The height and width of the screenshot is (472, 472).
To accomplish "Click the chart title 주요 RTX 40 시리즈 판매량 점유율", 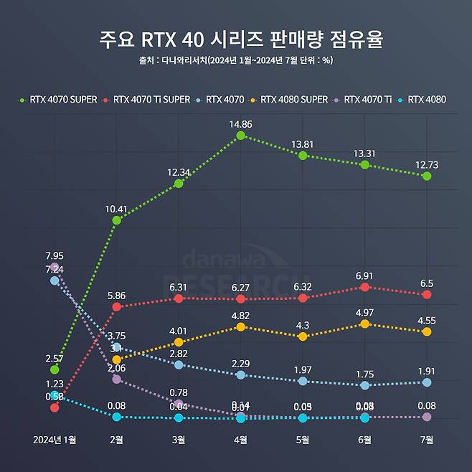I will [x=236, y=39].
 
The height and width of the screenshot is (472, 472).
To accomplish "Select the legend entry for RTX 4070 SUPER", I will [x=58, y=100].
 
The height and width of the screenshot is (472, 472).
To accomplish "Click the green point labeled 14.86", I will [x=240, y=135].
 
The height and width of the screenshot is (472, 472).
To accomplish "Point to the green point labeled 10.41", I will [x=116, y=220].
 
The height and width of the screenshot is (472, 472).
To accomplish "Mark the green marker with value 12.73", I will [x=427, y=176].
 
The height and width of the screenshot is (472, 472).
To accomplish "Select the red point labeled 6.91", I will [x=364, y=287].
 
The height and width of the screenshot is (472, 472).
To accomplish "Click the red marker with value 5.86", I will [x=116, y=307].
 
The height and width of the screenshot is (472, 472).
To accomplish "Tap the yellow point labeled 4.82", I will [x=240, y=327].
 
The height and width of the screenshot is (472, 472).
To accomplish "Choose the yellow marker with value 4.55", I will [x=427, y=331].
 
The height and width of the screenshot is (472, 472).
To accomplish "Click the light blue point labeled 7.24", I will [x=55, y=280].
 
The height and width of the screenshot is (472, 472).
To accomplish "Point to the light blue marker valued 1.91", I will [x=427, y=382].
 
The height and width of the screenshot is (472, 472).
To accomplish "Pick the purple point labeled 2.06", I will [x=116, y=378].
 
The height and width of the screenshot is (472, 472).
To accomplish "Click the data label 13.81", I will [x=302, y=143].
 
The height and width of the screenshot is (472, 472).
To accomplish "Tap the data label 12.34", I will [x=178, y=171].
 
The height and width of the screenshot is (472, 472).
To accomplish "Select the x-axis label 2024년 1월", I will [x=55, y=438].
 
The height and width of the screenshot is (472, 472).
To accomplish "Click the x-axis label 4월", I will [x=240, y=438].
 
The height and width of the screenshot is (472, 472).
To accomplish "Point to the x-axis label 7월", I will [x=427, y=438].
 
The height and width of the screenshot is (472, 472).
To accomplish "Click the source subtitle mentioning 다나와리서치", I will [x=236, y=61].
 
